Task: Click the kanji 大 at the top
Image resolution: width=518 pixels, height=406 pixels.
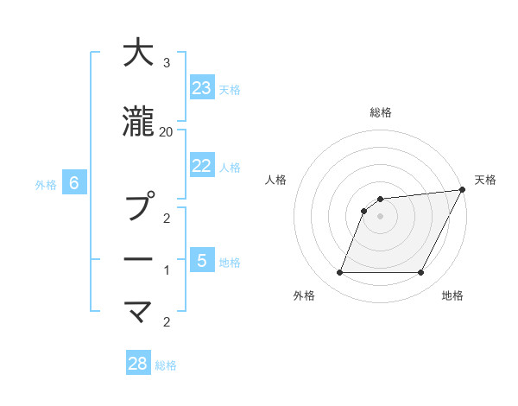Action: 137,54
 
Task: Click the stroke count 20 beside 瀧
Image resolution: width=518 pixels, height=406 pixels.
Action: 167,131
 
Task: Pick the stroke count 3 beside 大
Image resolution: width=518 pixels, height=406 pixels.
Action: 167,63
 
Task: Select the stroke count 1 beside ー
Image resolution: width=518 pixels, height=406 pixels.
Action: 167,271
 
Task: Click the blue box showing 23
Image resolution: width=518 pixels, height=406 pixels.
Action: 202,88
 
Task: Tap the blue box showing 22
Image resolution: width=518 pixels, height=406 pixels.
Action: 202,166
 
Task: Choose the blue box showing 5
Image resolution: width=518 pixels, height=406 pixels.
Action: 202,260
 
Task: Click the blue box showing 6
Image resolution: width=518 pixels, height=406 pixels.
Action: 74,183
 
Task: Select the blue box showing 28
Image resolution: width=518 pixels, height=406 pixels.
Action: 138,364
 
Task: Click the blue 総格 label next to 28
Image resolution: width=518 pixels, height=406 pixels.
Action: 166,365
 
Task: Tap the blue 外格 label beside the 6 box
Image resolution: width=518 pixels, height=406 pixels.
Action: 46,184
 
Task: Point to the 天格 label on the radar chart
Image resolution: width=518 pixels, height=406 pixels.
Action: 485,180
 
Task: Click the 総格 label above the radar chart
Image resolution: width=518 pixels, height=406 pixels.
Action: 381,112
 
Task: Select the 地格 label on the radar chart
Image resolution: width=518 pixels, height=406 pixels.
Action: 452,295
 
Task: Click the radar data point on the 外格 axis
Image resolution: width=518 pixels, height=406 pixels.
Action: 339,273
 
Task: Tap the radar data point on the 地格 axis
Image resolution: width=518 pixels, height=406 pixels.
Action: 421,273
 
